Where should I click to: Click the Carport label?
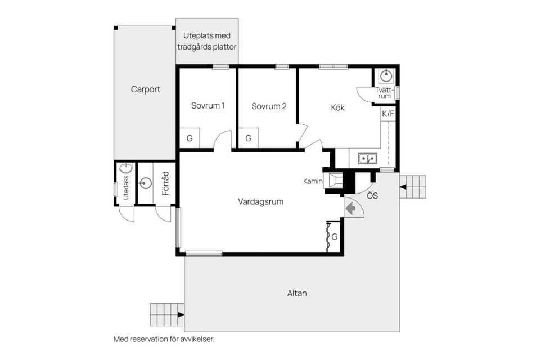[145, 89]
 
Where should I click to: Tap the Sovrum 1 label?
[208, 106]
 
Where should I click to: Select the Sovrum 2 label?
[269, 106]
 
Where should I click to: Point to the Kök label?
[338, 107]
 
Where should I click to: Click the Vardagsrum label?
[260, 202]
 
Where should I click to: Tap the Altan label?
[297, 293]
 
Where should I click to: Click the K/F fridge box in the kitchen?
[388, 114]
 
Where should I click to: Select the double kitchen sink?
[367, 159]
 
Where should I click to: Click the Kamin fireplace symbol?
[335, 181]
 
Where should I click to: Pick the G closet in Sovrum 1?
[190, 138]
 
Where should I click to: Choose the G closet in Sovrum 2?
[249, 138]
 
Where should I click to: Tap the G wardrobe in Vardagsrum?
[334, 237]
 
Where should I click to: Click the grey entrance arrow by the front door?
[351, 209]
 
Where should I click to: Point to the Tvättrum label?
[384, 93]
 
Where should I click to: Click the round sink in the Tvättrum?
[386, 75]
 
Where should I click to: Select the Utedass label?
[126, 188]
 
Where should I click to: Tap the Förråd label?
[166, 183]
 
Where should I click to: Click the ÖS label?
[372, 196]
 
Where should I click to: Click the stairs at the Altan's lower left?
[168, 314]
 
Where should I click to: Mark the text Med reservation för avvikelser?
[164, 339]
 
